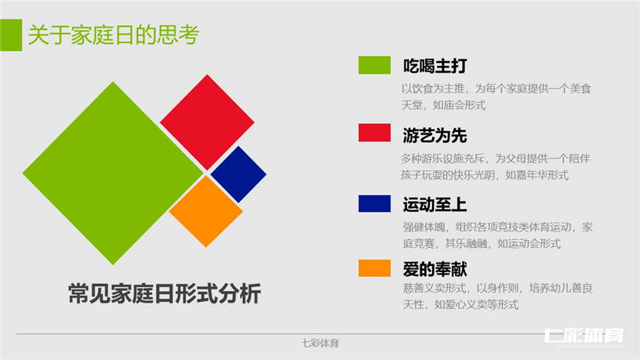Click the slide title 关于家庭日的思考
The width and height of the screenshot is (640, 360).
coord(114,35)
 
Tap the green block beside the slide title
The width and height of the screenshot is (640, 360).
coord(11,35)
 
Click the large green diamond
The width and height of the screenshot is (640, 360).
coord(113,173)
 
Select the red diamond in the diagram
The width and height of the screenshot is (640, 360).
coord(207,122)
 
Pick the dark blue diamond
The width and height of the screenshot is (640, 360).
coord(238,174)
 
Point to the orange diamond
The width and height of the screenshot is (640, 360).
coord(206,212)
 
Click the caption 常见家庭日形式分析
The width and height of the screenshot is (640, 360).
coord(165,293)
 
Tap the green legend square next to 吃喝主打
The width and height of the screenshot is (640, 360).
coord(374,65)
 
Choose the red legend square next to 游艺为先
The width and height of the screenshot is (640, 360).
coord(374,133)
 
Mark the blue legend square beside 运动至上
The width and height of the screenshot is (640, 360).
coord(374,203)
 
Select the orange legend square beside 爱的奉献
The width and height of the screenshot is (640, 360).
coord(374,268)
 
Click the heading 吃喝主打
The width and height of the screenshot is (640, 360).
coord(435,66)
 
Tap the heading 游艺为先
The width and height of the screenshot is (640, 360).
coord(435,135)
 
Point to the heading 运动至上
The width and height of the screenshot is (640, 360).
coord(435,205)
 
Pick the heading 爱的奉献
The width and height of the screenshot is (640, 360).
coord(435,269)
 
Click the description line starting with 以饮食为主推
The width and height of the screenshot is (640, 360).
coord(496,89)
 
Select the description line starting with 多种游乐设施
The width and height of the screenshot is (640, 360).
coord(496,158)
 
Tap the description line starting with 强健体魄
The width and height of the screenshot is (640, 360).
coord(497,227)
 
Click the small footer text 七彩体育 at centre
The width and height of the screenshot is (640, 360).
coord(320,344)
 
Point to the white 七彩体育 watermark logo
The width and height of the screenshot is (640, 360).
coord(584,336)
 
